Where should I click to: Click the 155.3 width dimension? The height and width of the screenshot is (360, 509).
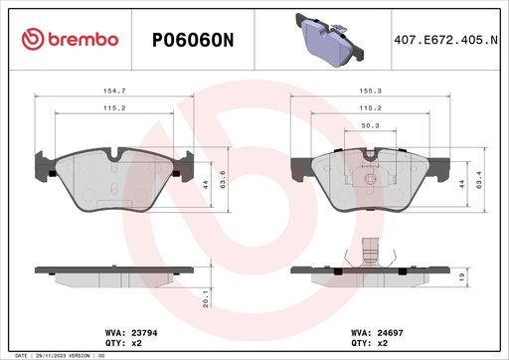click(370, 90)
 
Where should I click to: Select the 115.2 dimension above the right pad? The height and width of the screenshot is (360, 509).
click(370, 108)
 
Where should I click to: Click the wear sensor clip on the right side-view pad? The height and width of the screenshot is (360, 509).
click(370, 252)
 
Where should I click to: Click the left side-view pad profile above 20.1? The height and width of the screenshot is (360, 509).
click(111, 270)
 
